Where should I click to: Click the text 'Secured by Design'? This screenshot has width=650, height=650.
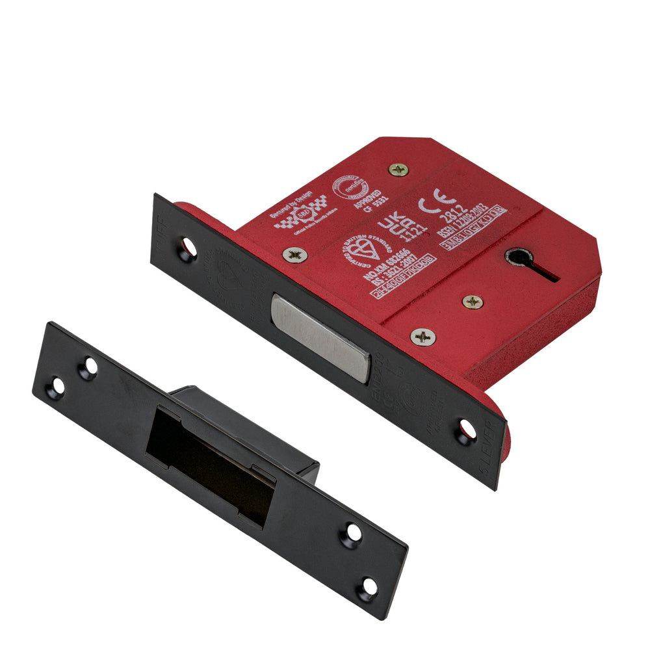click(291, 205)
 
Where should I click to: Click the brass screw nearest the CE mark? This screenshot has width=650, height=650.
click(398, 170)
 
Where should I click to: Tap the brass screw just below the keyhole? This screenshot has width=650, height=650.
click(473, 302)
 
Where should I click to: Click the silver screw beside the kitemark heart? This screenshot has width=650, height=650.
click(294, 255)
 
